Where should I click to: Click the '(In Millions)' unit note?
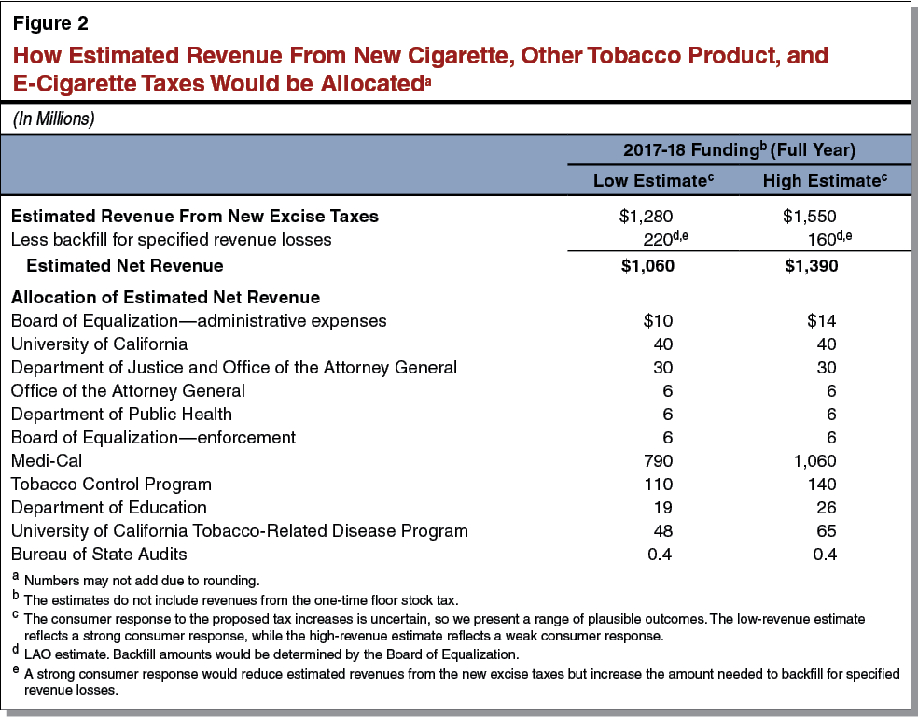click(x=54, y=119)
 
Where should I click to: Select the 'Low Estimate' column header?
click(x=654, y=180)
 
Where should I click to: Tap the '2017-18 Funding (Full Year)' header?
click(x=739, y=150)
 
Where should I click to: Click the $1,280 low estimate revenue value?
click(x=647, y=216)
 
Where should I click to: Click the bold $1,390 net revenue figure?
click(x=810, y=265)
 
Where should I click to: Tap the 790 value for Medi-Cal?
click(x=658, y=460)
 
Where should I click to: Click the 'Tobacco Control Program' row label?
click(x=111, y=484)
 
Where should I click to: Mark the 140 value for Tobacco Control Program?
click(x=823, y=484)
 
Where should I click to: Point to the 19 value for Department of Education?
click(x=662, y=508)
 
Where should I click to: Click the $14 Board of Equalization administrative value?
click(x=821, y=320)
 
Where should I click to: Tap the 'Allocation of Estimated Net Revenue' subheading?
click(x=165, y=298)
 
